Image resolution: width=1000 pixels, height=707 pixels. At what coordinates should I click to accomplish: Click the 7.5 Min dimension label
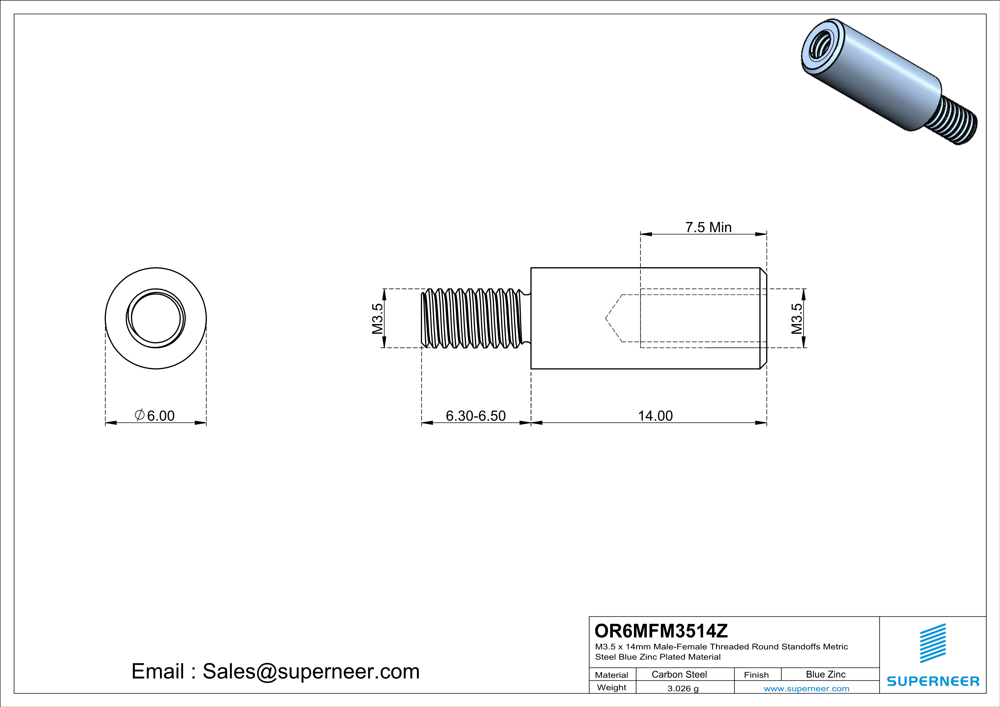[708, 227]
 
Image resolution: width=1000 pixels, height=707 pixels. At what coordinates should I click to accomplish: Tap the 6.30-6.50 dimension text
[476, 416]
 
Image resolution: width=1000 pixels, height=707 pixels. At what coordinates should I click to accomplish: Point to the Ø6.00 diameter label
[155, 416]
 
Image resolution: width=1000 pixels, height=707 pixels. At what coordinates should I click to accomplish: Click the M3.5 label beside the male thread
[377, 318]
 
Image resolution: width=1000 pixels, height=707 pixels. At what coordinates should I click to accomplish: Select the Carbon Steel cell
[679, 674]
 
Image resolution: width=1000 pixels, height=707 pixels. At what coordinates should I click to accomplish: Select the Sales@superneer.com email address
[311, 671]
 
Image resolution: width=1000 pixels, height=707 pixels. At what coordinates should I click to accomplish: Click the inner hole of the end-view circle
[155, 318]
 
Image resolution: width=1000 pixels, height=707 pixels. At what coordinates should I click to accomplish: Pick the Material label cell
[612, 675]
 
